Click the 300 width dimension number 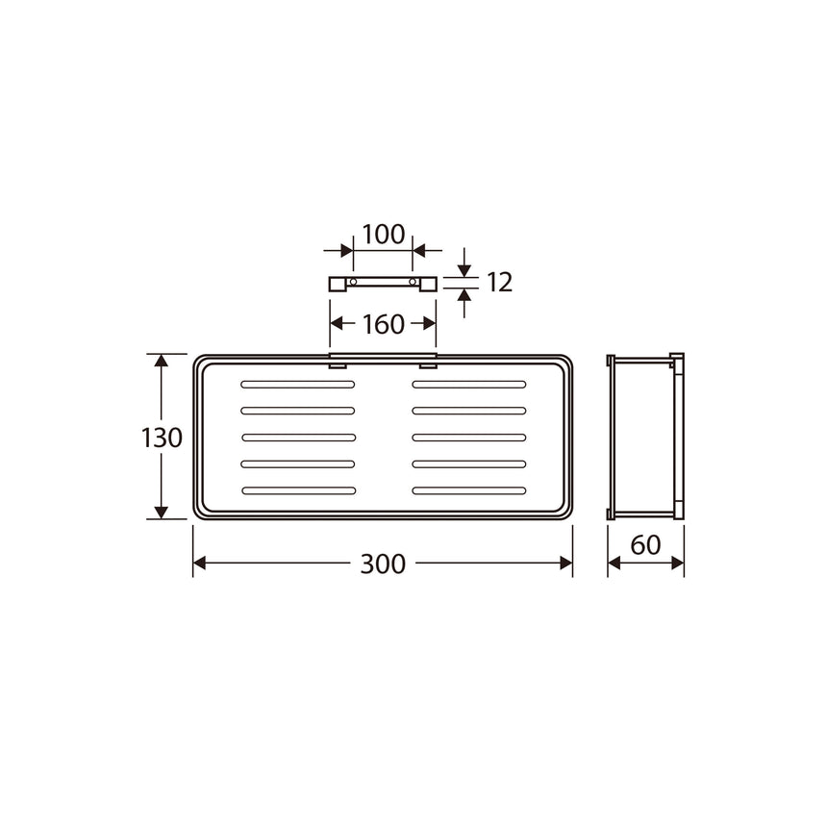(383, 564)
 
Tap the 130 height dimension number (162, 438)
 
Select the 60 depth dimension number (645, 545)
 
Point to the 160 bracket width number (384, 324)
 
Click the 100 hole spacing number (384, 235)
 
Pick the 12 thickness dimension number (499, 282)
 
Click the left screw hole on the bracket (353, 282)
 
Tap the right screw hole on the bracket (413, 282)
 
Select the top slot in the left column (298, 385)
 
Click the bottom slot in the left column (299, 491)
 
